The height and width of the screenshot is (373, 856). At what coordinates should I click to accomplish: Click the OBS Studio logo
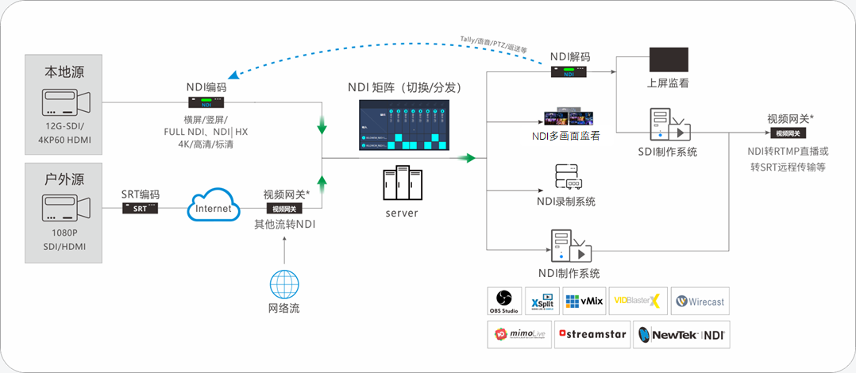click(x=504, y=302)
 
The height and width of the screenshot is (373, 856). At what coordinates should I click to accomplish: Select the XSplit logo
click(x=540, y=302)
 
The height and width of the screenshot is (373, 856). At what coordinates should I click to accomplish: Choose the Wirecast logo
click(x=699, y=302)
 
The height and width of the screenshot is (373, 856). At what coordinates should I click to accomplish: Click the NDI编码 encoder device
click(x=206, y=102)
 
